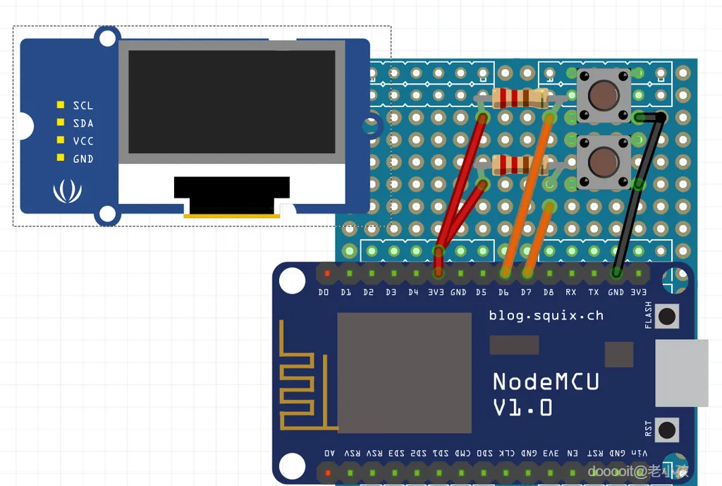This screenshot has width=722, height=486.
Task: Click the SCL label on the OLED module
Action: click(82, 106)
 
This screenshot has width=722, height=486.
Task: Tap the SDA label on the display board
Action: click(82, 123)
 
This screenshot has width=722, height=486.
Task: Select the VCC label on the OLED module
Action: click(82, 141)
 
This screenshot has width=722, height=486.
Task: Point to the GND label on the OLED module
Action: click(82, 159)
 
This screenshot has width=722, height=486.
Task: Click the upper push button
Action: click(603, 95)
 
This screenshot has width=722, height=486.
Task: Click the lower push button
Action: click(603, 162)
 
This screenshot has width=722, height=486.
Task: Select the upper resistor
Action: click(522, 98)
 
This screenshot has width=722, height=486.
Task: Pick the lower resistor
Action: click(522, 165)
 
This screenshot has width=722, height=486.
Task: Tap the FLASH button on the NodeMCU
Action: click(666, 316)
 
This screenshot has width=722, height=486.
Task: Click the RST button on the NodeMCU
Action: click(666, 429)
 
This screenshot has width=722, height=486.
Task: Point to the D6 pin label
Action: click(503, 292)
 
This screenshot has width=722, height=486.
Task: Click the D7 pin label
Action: click(526, 292)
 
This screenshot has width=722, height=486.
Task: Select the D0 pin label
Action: click(324, 292)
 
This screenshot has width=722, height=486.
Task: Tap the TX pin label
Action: click(594, 292)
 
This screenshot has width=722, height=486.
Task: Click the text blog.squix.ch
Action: click(546, 315)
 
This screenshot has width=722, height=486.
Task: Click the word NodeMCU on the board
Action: click(546, 382)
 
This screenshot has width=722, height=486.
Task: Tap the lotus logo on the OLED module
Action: click(67, 190)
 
